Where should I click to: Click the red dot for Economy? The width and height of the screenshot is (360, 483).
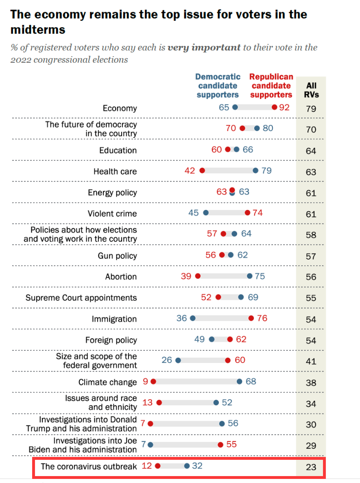[x=275, y=107]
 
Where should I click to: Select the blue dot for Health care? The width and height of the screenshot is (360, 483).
[x=255, y=170]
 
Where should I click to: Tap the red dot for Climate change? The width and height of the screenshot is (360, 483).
[x=153, y=381]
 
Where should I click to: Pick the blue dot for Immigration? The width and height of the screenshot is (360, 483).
[x=193, y=318]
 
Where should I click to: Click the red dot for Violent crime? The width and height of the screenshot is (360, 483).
[x=247, y=212]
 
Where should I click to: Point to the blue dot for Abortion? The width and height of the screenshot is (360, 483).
[x=250, y=276]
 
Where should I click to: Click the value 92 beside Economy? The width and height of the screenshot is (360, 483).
[x=284, y=108]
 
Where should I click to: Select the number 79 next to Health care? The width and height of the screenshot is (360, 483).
[x=266, y=170]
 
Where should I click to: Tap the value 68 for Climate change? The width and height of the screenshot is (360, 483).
[x=251, y=381]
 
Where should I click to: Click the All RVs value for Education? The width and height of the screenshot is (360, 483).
[x=311, y=151]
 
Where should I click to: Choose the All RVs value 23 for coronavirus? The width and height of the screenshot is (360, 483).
[x=311, y=467]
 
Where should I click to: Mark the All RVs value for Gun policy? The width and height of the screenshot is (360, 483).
[x=311, y=256]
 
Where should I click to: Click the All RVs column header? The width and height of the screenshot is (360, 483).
[x=311, y=90]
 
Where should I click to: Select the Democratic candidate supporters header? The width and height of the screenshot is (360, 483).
[x=218, y=86]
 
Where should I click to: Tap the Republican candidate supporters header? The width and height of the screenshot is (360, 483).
[x=271, y=86]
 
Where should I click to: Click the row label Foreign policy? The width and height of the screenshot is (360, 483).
[x=111, y=340]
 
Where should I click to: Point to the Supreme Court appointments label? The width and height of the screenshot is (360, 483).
[x=81, y=297]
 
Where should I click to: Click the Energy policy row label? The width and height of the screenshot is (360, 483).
[x=112, y=192]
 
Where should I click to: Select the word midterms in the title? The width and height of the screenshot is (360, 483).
[x=38, y=30]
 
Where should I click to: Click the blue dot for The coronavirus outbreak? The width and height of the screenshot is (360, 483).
[x=187, y=466]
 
